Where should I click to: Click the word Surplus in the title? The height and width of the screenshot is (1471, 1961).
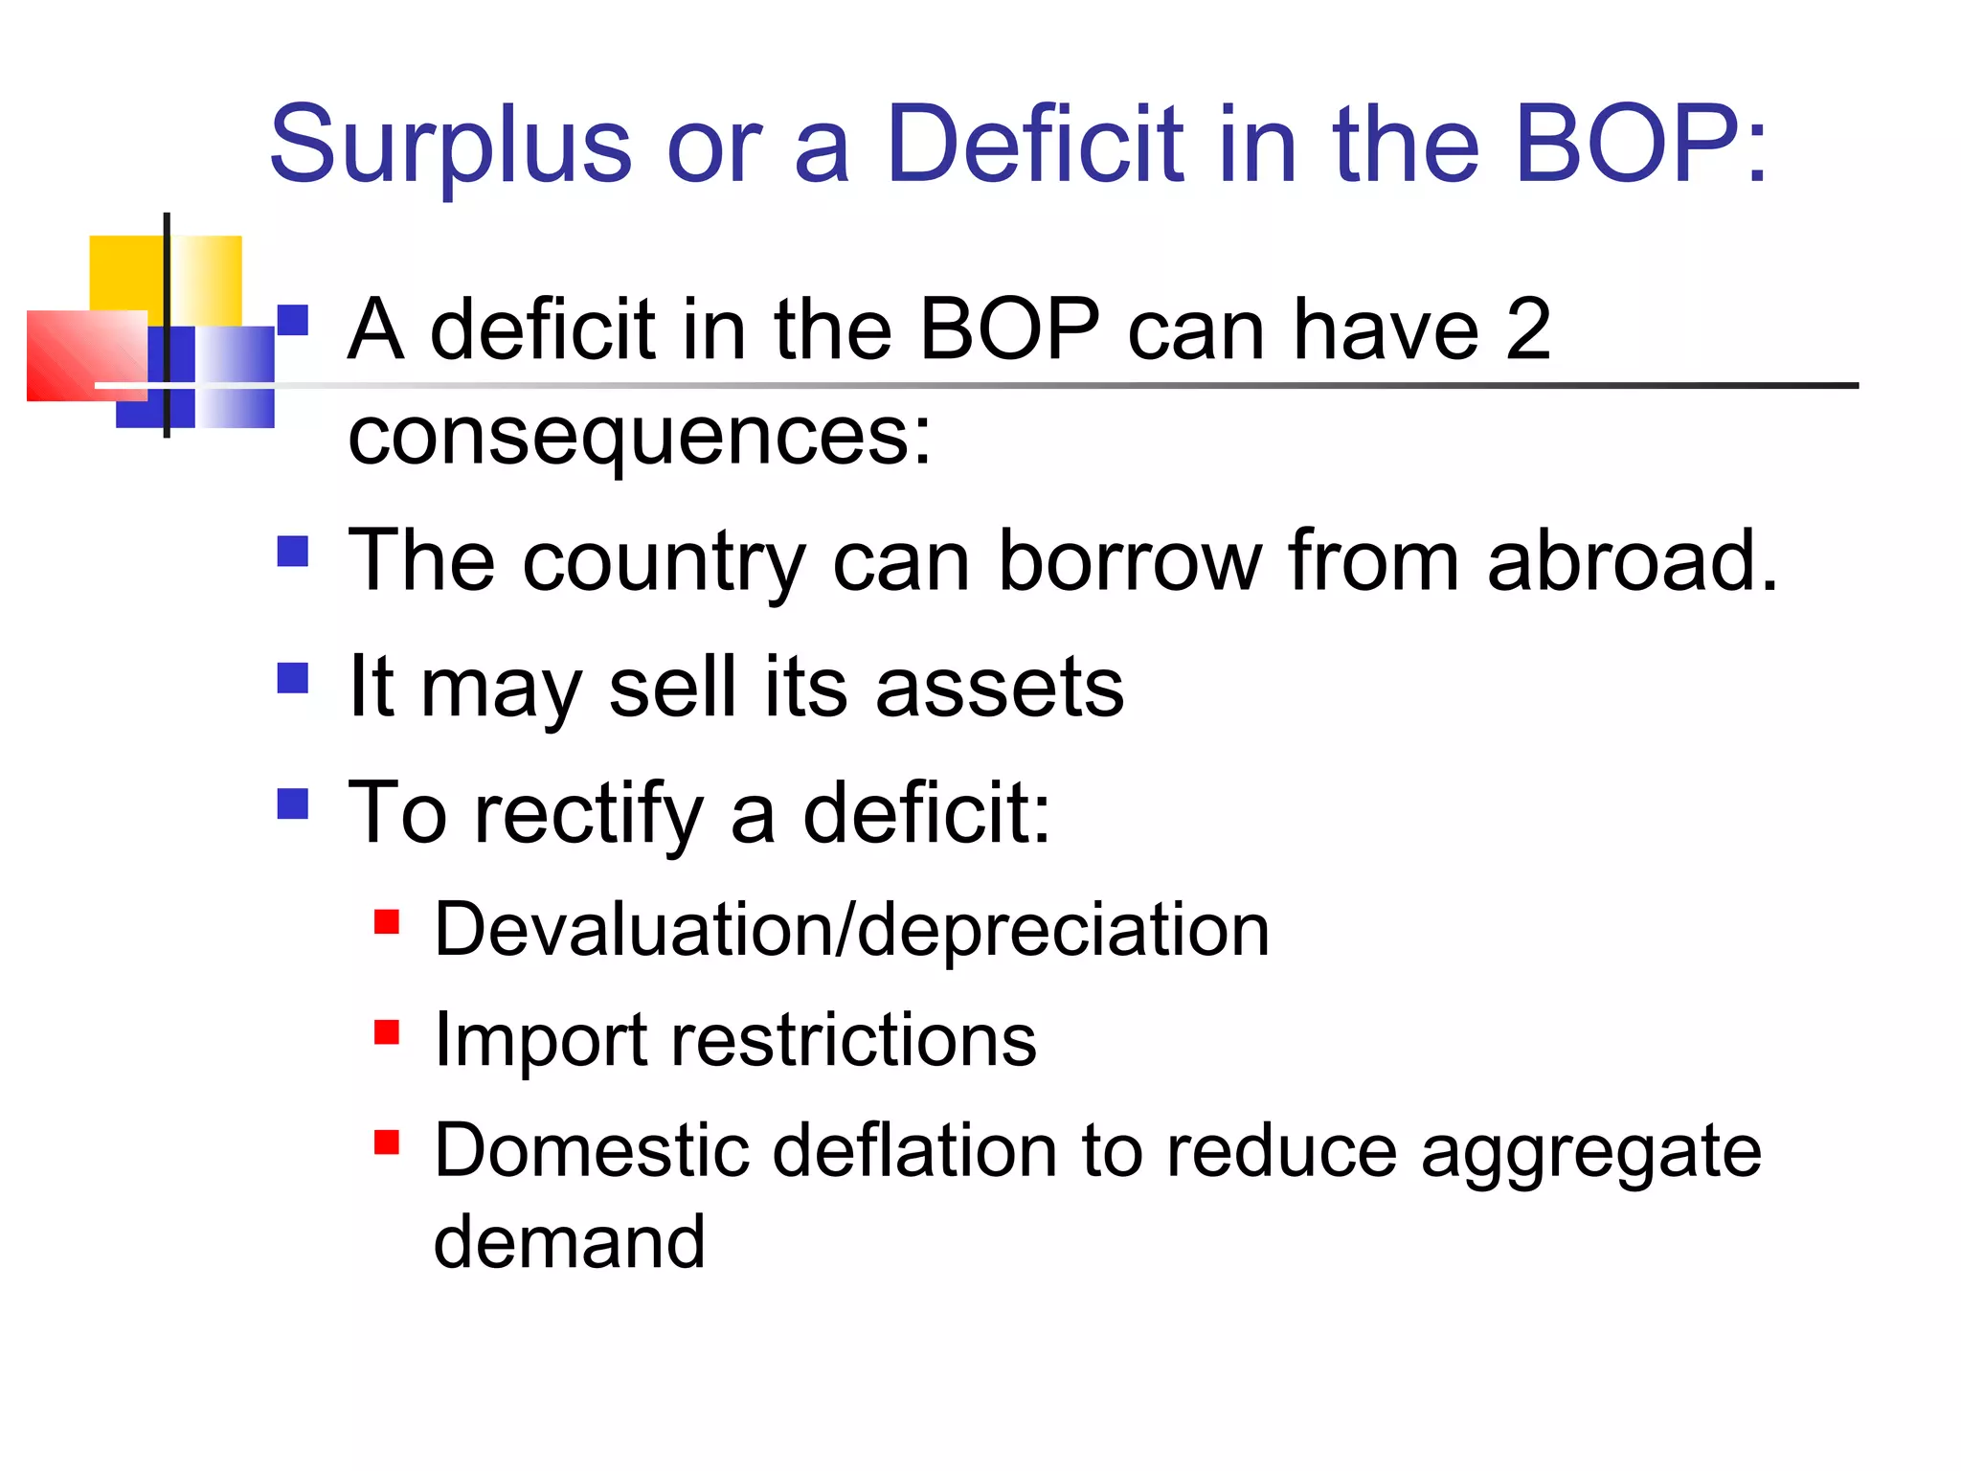[450, 146]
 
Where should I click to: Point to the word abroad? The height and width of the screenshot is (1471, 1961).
[1632, 561]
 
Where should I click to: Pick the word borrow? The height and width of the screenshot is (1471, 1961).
[1130, 561]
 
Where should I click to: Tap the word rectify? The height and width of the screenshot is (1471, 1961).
[589, 814]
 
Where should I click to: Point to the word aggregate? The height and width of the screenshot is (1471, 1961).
[1590, 1151]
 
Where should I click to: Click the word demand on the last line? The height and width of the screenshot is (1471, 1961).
[569, 1242]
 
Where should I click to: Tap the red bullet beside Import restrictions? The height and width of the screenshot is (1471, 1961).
[387, 1032]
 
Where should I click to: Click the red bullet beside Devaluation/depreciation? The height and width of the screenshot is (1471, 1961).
[387, 921]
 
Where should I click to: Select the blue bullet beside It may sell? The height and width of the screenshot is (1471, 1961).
[293, 678]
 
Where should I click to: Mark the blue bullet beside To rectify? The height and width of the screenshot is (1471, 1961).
[293, 803]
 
